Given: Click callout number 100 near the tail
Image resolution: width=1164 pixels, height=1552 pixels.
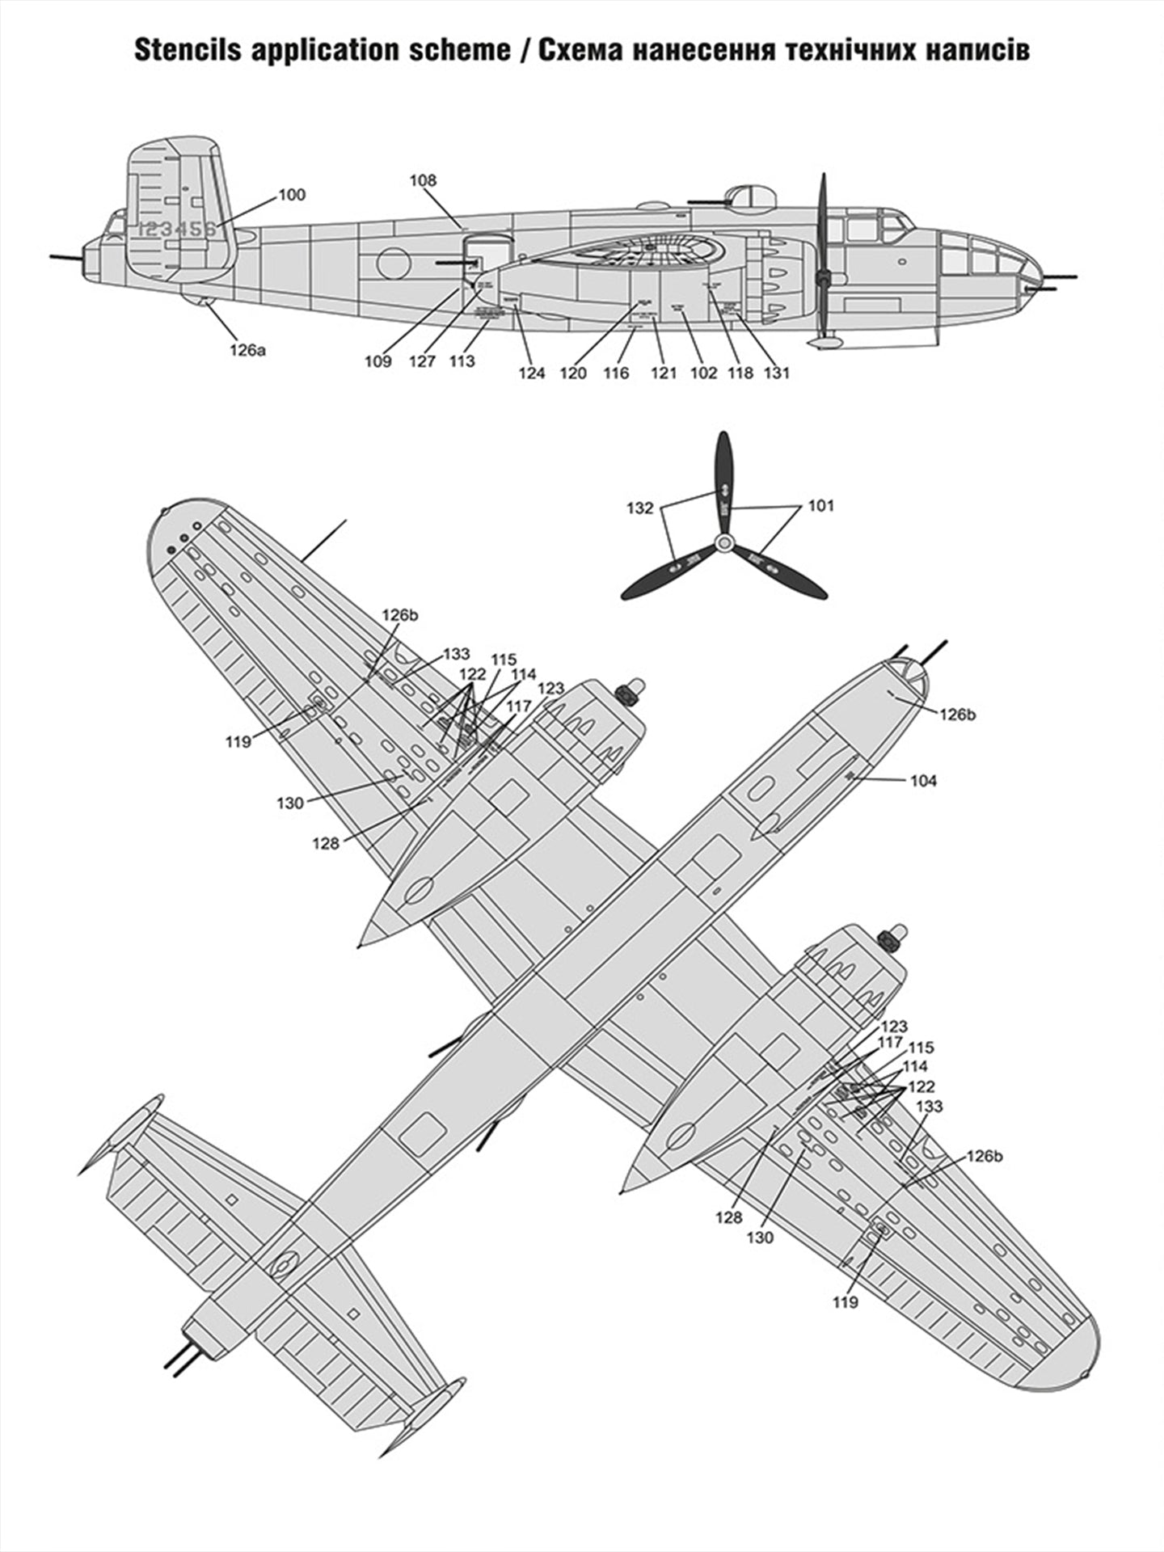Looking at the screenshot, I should point(292,195).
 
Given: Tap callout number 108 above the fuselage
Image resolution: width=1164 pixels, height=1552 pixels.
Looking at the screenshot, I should point(423,180).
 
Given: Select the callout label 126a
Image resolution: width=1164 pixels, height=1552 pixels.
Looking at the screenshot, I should point(247,350).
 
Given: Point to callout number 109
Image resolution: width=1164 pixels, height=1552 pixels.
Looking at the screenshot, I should point(377,361).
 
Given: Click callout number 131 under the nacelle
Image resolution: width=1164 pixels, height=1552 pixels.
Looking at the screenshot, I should point(776,373).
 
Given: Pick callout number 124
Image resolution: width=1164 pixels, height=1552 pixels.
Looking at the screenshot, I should point(532,373).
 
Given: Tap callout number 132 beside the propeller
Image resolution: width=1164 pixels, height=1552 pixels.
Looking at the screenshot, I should point(639,508).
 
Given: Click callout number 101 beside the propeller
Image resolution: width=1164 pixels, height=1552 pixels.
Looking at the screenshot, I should point(820,506).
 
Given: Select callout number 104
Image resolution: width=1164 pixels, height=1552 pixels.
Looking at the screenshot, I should point(923,780).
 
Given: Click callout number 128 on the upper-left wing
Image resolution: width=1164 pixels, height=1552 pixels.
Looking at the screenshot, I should point(326,844).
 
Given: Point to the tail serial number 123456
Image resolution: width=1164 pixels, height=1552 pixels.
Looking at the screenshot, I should point(177,229).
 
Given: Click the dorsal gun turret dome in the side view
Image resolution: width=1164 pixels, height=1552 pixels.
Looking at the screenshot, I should point(749,196).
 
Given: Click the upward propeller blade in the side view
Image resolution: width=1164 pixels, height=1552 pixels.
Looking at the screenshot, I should point(823,218).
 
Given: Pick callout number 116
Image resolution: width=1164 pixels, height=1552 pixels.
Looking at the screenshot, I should point(616,373).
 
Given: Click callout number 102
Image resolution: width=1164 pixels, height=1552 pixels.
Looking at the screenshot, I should point(703,373).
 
